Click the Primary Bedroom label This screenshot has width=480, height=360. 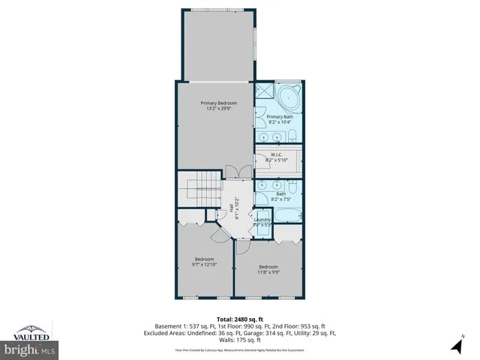pyautogui.click(x=218, y=103)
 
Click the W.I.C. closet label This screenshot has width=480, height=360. pyautogui.click(x=277, y=154)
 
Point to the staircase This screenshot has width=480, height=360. pyautogui.click(x=199, y=191)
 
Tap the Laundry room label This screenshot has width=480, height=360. pyautogui.click(x=262, y=219)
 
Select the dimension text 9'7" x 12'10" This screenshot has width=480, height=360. pyautogui.click(x=205, y=264)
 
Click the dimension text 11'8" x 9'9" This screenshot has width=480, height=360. pyautogui.click(x=268, y=272)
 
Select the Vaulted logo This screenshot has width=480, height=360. pyautogui.click(x=31, y=331)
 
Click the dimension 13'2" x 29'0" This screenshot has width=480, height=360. pyautogui.click(x=218, y=109)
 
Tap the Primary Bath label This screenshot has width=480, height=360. pyautogui.click(x=280, y=117)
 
